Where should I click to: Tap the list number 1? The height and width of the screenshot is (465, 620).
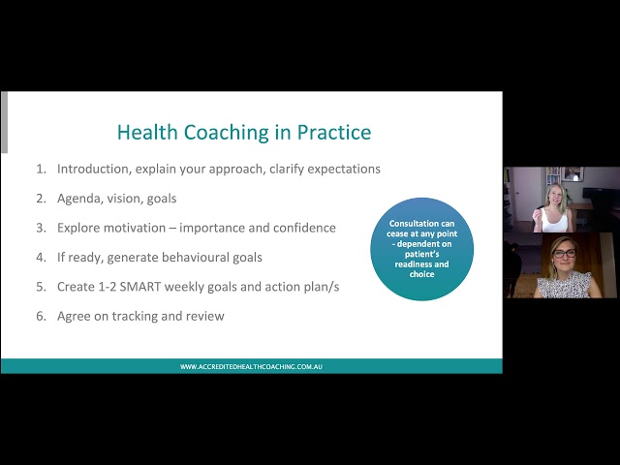[x=41, y=169]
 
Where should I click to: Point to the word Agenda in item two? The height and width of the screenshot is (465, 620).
[x=81, y=199]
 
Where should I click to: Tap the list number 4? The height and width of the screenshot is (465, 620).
[x=41, y=258]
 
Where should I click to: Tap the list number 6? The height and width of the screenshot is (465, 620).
[x=41, y=316]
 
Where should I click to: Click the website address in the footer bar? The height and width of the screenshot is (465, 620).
[x=251, y=366]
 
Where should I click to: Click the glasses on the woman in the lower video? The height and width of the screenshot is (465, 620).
[x=565, y=253]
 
